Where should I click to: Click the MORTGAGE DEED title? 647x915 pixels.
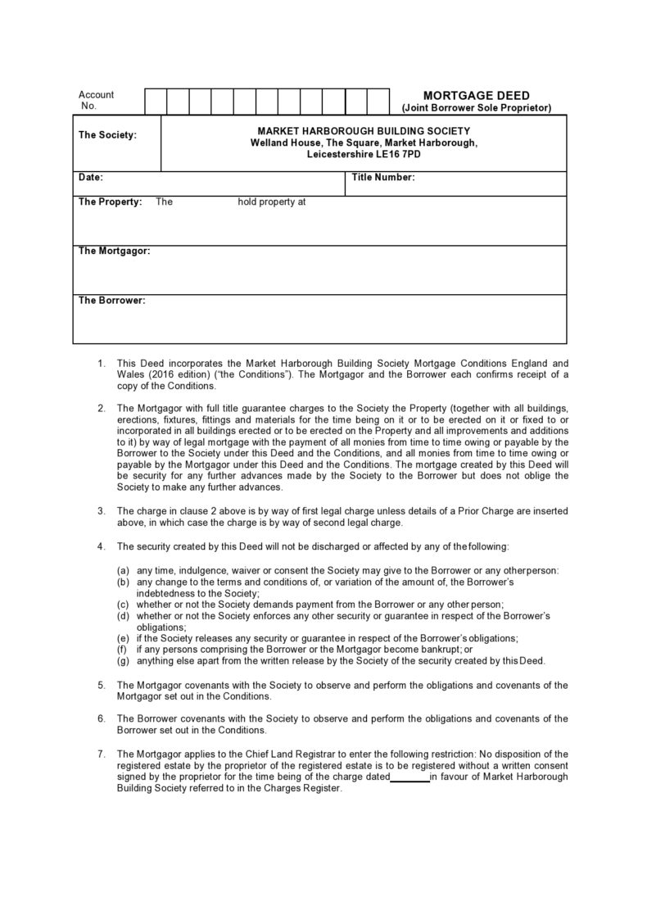click(x=476, y=95)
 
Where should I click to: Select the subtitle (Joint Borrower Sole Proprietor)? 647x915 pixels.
click(x=476, y=108)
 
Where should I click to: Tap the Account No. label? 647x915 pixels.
click(x=96, y=100)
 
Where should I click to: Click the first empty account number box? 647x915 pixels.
click(x=156, y=102)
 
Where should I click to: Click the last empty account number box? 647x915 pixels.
click(x=378, y=102)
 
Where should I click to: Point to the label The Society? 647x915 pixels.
click(x=107, y=135)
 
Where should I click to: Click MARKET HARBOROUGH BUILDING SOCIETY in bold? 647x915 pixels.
click(x=364, y=131)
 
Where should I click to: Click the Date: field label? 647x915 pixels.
click(x=90, y=177)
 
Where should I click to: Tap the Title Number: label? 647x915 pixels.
click(x=382, y=177)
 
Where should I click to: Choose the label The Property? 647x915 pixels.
click(x=110, y=202)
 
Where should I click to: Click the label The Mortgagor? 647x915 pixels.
click(x=114, y=251)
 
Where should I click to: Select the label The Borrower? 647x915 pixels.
click(x=111, y=301)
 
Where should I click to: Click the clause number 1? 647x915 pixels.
click(x=101, y=362)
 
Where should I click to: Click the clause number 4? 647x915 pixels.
click(x=101, y=546)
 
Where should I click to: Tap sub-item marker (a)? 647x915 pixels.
click(x=123, y=570)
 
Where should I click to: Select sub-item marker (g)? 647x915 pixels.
click(x=123, y=661)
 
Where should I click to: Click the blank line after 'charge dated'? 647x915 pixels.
click(x=409, y=777)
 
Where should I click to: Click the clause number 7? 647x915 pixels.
click(x=101, y=754)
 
